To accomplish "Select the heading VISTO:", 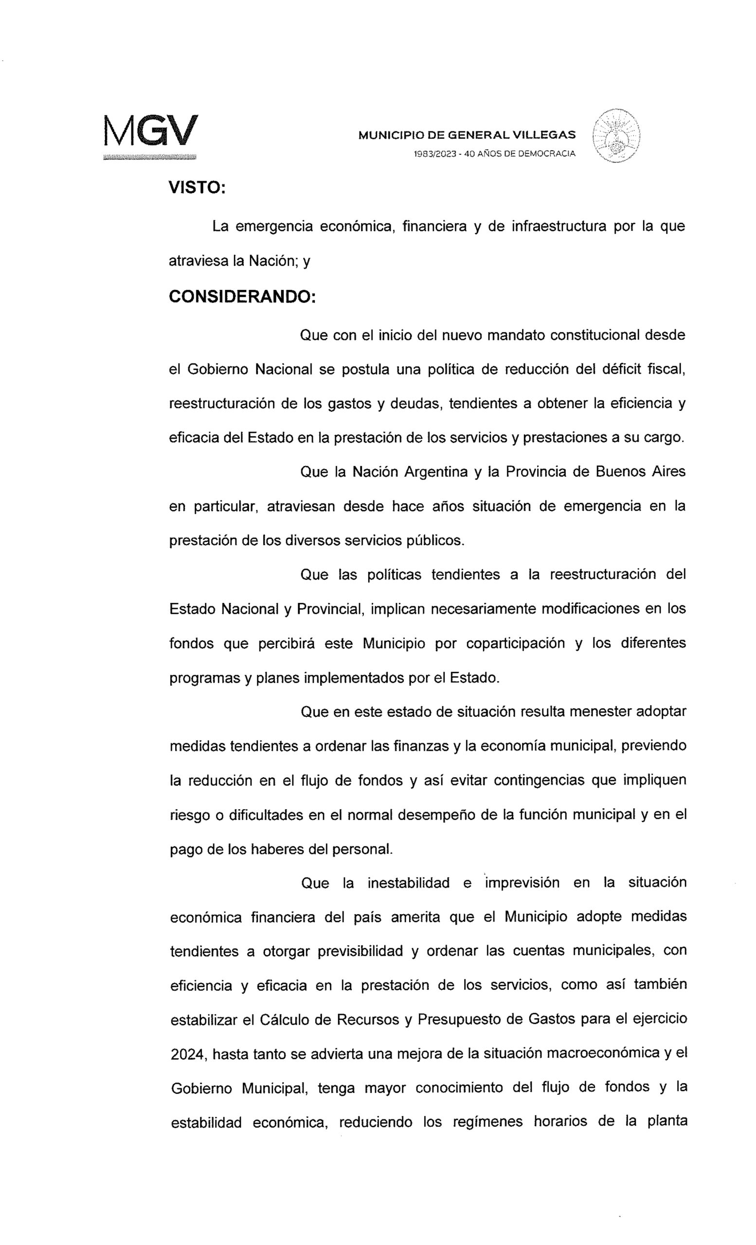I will pyautogui.click(x=197, y=187).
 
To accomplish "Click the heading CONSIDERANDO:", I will pyautogui.click(x=242, y=297).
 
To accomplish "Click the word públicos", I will pyautogui.click(x=434, y=541).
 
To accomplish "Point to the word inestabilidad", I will pyautogui.click(x=408, y=883).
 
